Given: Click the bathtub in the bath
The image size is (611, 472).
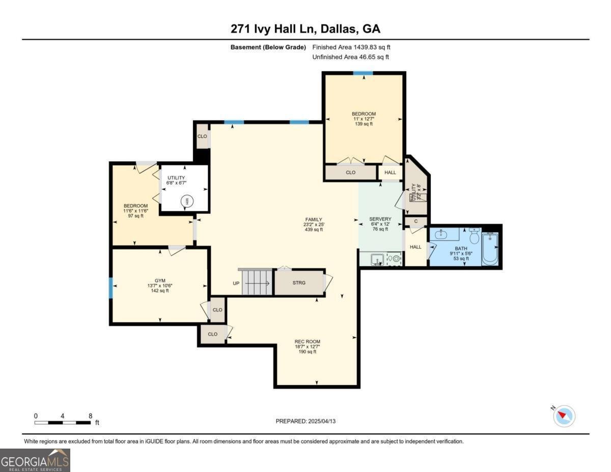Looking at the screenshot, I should click(490, 248).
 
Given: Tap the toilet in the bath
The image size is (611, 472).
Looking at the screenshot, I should click(474, 237).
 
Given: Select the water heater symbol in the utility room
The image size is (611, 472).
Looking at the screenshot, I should click(186, 202).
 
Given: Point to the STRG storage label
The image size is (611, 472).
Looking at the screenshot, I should click(299, 283).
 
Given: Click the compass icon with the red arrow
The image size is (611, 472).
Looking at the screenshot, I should click(564, 416).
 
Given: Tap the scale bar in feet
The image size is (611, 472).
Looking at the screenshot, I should click(63, 422).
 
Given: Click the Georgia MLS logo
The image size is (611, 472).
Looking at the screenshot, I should click(35, 460).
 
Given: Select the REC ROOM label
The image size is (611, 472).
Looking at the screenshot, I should click(308, 341).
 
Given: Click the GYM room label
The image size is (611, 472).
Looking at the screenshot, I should click(160, 281).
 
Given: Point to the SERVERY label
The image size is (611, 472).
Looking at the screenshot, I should click(380, 219).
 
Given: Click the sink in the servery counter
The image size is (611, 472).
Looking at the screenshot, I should click(376, 259).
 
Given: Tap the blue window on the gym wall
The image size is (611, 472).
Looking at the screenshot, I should click(110, 288).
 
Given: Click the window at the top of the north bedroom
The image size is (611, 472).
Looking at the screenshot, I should click(363, 73).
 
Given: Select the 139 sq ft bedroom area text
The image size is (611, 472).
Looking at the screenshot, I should click(364, 124).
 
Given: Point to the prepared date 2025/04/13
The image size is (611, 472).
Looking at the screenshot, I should click(306, 421).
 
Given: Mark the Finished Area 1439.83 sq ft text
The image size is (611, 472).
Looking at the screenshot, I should click(351, 47).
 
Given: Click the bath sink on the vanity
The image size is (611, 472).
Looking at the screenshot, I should click(441, 235).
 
